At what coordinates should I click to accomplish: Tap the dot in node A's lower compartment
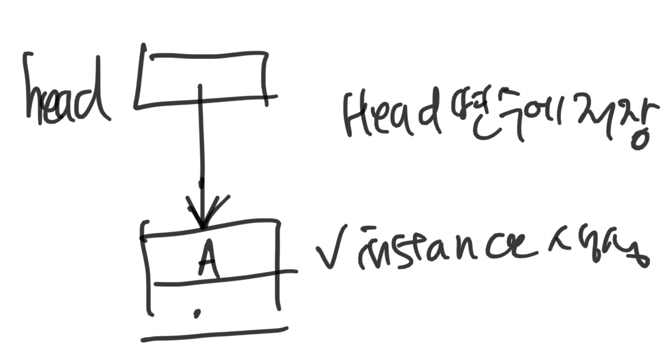(197, 314)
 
